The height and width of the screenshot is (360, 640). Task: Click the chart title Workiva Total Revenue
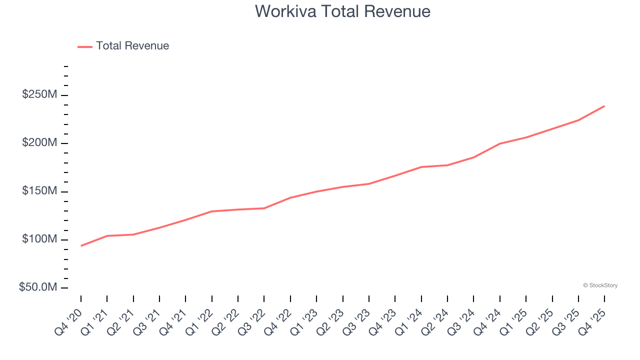[x=342, y=11]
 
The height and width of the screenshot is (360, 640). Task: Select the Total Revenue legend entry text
[x=132, y=46]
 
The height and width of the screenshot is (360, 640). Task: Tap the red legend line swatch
[x=85, y=46]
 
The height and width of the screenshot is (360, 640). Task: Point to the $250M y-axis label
[x=39, y=95]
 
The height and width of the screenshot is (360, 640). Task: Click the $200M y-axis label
[x=39, y=143]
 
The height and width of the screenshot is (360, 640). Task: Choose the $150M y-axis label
[x=39, y=191]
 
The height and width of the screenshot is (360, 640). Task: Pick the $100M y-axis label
[x=39, y=239]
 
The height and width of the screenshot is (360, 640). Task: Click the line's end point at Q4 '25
[x=604, y=106]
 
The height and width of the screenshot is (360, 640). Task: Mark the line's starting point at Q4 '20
[x=81, y=245]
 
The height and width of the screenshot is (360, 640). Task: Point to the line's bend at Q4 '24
[x=499, y=143]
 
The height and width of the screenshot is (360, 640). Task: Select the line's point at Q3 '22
[x=264, y=208]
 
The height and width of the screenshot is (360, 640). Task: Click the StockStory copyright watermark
[x=600, y=285]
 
